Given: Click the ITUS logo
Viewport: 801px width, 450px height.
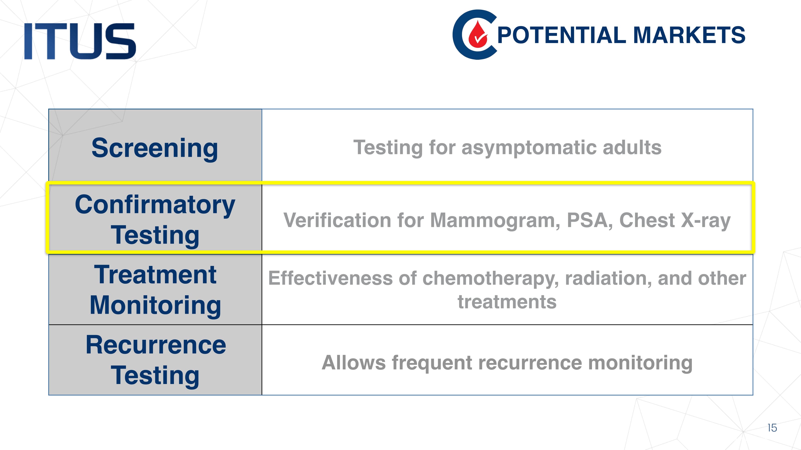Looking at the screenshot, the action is [x=80, y=41].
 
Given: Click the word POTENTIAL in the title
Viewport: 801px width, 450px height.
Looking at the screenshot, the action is [x=561, y=35].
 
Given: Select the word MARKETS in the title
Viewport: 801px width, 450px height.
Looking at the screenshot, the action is [x=689, y=35].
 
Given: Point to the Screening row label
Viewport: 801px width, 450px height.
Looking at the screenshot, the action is [x=155, y=148].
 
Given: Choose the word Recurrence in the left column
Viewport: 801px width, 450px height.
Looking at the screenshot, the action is [x=156, y=345].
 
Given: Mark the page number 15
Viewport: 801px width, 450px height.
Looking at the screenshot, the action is [x=772, y=428].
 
